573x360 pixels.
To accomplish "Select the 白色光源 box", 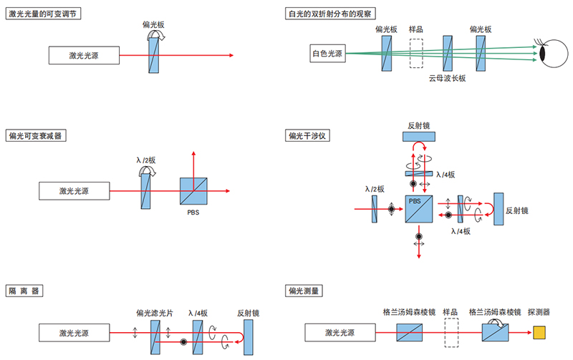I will [x=327, y=53].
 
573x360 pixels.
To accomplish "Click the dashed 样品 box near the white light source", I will [x=416, y=53].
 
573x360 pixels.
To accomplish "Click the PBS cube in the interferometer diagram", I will [x=419, y=209].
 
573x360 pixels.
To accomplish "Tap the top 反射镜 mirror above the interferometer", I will [x=419, y=137].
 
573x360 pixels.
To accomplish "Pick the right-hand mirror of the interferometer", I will [x=498, y=210].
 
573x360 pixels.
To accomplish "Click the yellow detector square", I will [x=539, y=333].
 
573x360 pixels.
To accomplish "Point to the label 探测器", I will [x=538, y=312].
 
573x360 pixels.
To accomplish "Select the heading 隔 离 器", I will [x=24, y=291].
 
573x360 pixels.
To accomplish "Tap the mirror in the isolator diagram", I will [x=248, y=336].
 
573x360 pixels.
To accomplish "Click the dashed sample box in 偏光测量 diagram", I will [x=451, y=333].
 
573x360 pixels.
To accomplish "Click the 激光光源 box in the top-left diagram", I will [x=85, y=54].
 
